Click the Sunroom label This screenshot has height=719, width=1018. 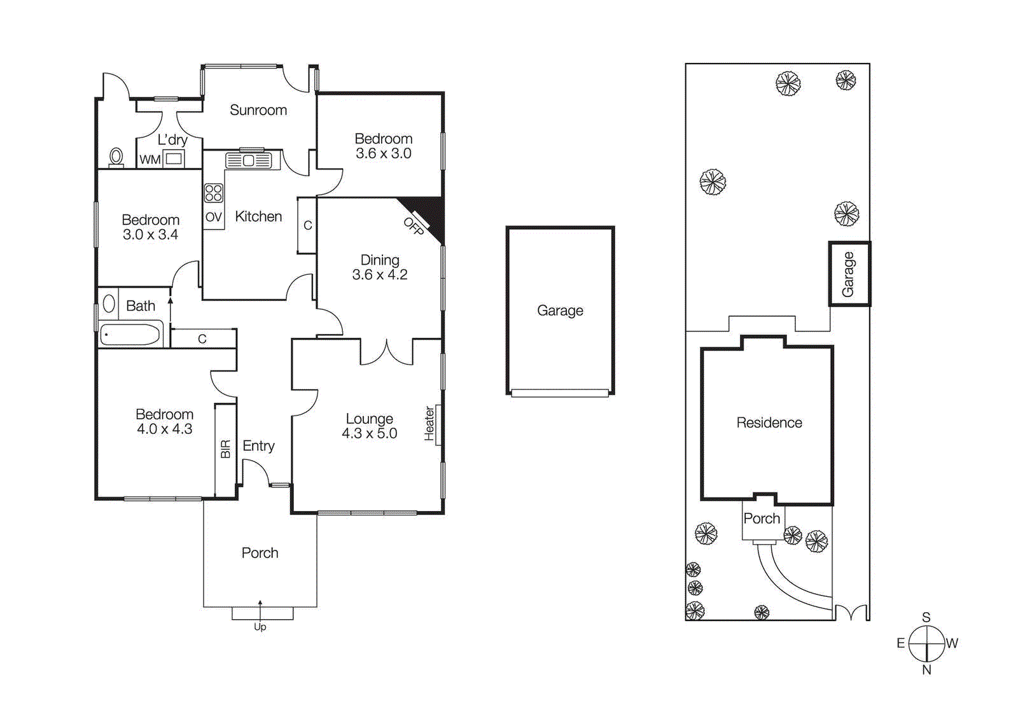[258, 110]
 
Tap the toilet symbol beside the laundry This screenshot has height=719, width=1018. [116, 157]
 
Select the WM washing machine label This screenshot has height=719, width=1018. [150, 160]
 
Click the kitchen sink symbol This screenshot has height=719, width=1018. [248, 160]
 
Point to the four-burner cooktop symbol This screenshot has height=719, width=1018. [213, 193]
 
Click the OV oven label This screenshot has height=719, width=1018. [213, 217]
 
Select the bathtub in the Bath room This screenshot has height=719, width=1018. [130, 335]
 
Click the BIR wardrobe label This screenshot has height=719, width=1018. [225, 449]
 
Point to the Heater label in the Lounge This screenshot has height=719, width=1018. [429, 424]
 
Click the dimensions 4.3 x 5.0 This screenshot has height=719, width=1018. [369, 434]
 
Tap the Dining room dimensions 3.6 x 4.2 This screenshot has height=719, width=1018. [380, 275]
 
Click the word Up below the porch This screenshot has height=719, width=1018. [260, 627]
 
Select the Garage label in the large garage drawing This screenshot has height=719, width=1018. [560, 311]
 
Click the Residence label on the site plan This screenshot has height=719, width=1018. [769, 422]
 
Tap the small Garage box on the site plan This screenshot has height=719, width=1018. [849, 274]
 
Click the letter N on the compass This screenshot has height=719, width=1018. [926, 669]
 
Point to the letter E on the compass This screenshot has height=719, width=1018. [900, 643]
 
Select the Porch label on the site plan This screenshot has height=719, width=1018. [762, 519]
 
